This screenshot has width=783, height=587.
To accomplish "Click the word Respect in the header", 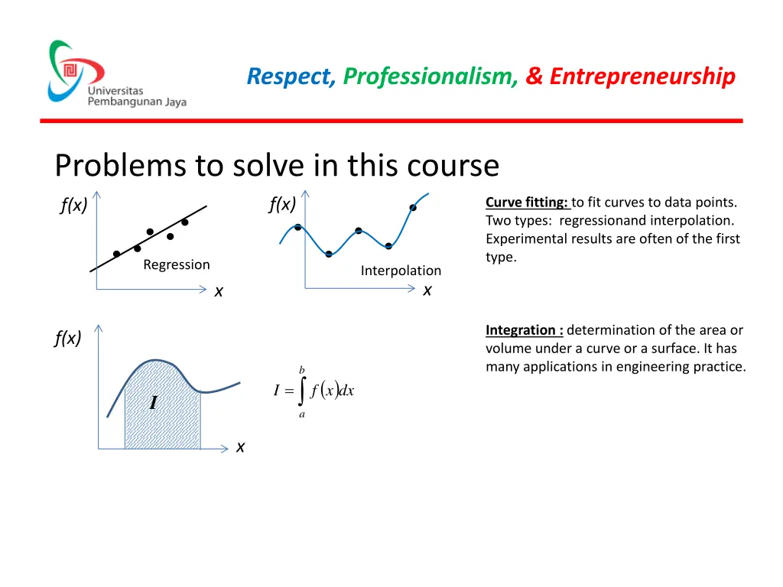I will (x=291, y=76).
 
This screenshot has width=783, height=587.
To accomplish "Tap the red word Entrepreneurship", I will (x=642, y=76).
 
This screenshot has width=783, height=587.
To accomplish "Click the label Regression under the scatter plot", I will (x=176, y=265).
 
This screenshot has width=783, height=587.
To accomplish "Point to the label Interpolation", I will (x=401, y=271).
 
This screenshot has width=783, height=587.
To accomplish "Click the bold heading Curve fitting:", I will (x=527, y=203).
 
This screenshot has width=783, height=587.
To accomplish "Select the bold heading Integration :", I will (x=525, y=330).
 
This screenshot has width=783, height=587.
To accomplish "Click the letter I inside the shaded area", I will (x=153, y=403).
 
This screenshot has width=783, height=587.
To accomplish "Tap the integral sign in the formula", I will (x=303, y=391).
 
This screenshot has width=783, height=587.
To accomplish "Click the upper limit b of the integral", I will (x=302, y=370).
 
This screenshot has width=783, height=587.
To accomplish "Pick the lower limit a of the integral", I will (x=302, y=414).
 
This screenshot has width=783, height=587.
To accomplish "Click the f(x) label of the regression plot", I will (x=73, y=206).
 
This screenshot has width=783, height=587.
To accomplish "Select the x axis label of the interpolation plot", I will (x=427, y=290).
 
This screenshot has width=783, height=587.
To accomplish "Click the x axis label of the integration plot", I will (x=240, y=447).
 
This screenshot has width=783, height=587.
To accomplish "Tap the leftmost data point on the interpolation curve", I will (x=297, y=227).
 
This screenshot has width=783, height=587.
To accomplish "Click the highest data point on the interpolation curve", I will (x=413, y=207).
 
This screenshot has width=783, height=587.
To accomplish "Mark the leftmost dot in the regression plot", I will (x=116, y=254).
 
